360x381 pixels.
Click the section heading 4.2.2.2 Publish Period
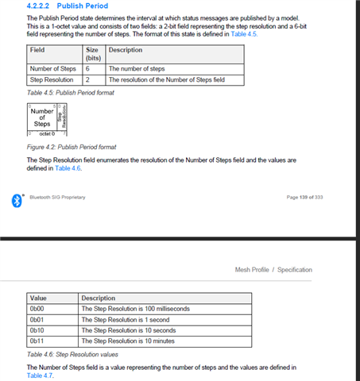[68, 6]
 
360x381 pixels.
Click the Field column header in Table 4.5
[37, 50]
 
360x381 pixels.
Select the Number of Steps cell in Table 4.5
[52, 69]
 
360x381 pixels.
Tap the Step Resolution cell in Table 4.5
[52, 80]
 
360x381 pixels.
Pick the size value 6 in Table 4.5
[87, 69]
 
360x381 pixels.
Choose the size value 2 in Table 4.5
[87, 80]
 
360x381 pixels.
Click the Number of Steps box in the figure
[42, 117]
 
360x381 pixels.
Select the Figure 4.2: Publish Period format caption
[72, 147]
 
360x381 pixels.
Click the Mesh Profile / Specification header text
[273, 270]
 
